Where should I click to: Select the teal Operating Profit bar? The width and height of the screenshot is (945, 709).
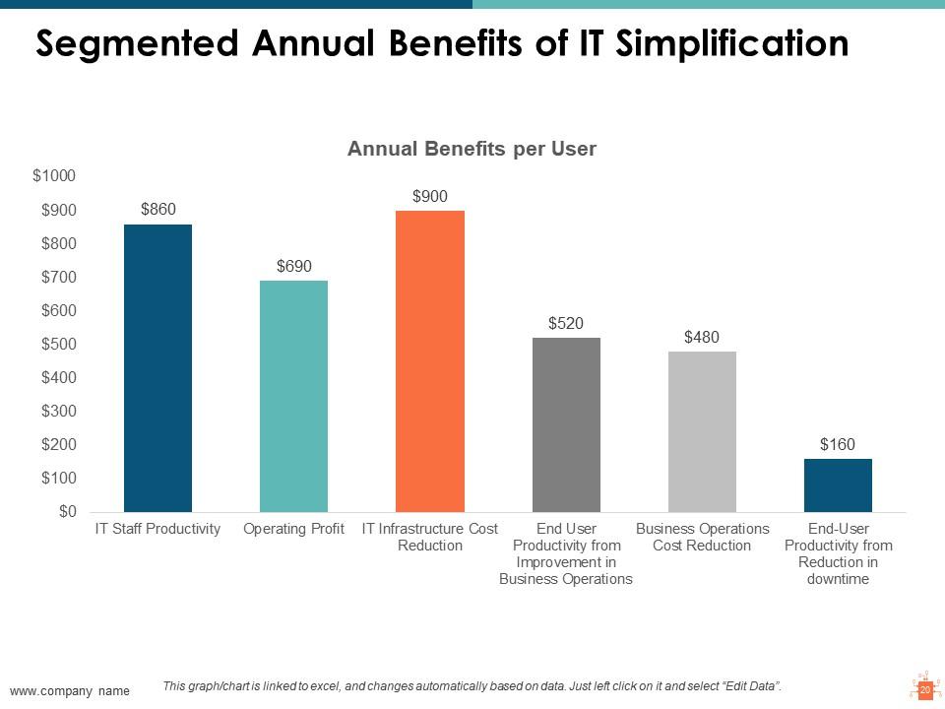[x=293, y=396]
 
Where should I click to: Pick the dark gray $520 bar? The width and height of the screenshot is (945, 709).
[x=566, y=424]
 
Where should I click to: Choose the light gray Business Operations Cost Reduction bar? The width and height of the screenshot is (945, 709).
[x=702, y=431]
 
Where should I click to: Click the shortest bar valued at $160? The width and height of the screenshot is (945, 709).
[x=838, y=484]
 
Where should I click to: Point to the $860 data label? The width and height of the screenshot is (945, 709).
[x=158, y=209]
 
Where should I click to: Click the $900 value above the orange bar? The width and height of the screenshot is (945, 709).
[x=430, y=196]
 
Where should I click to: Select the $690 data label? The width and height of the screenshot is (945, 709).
[x=294, y=266]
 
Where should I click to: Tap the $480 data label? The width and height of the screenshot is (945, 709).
[x=702, y=337]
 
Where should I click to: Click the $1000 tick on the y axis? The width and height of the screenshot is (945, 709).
[x=54, y=176]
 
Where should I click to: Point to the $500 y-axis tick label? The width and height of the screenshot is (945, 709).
[x=58, y=344]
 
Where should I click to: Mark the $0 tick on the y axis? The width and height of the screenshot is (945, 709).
[x=67, y=511]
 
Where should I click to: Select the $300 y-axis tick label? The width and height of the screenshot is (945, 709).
[x=58, y=411]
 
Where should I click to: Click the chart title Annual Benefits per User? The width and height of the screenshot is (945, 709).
[x=472, y=150]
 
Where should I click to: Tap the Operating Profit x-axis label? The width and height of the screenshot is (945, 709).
[x=293, y=529]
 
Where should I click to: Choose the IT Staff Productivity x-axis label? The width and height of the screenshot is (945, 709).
[x=157, y=529]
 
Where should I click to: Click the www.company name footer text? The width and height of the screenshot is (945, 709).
[x=70, y=691]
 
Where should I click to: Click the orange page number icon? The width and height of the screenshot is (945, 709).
[x=924, y=689]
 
